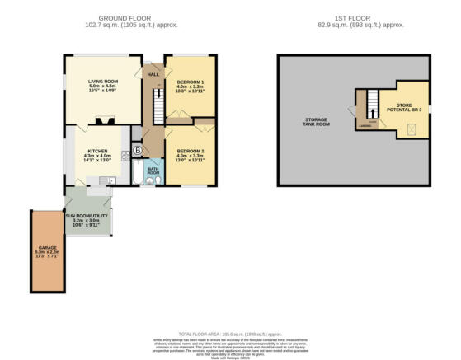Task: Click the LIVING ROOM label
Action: (104, 82)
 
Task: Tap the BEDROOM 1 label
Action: (190, 82)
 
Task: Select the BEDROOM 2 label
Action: (190, 150)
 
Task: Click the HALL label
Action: (153, 75)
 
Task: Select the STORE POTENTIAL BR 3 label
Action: (404, 107)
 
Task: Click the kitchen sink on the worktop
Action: (106, 180)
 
